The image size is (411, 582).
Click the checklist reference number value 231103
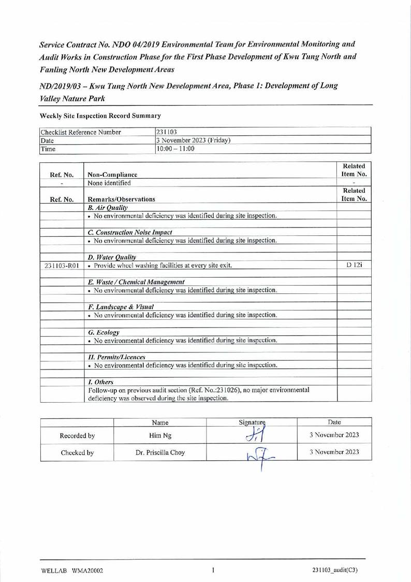pyautogui.click(x=167, y=132)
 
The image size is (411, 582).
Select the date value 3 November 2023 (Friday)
pyautogui.click(x=193, y=140)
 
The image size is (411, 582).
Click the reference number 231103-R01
pyautogui.click(x=61, y=266)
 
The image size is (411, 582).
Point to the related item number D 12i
pyautogui.click(x=354, y=266)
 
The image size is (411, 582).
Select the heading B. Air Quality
pyautogui.click(x=108, y=207)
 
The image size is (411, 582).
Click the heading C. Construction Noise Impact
pyautogui.click(x=130, y=232)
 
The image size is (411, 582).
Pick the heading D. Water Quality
pyautogui.click(x=112, y=257)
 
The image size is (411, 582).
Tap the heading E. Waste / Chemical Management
pyautogui.click(x=136, y=282)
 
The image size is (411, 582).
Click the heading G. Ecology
pyautogui.click(x=104, y=332)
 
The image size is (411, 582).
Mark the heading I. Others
pyautogui.click(x=101, y=381)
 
